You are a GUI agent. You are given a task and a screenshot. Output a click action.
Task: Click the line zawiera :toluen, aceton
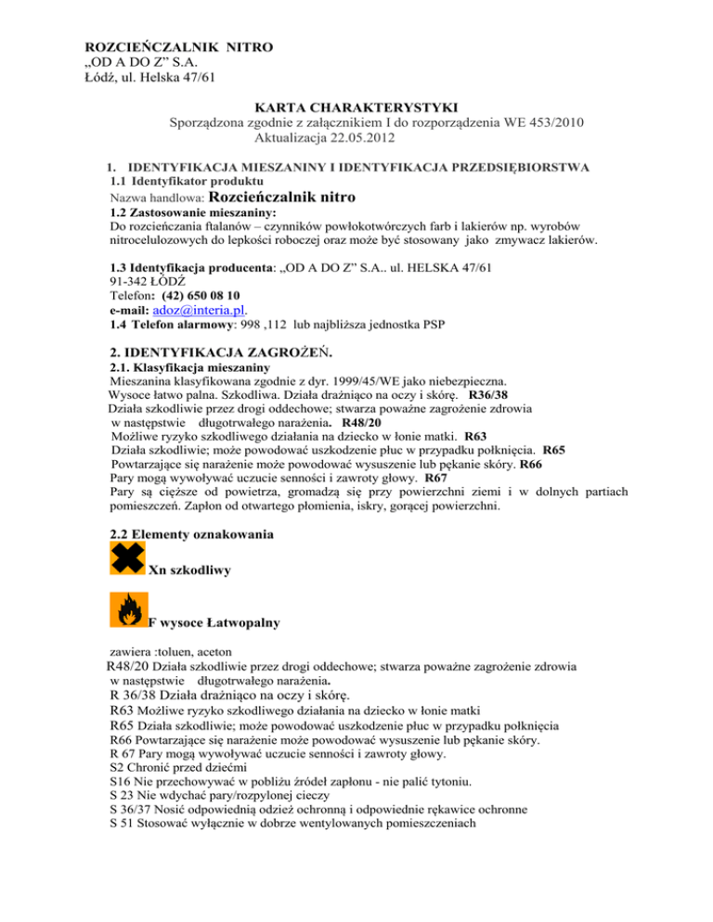coord(168,652)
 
